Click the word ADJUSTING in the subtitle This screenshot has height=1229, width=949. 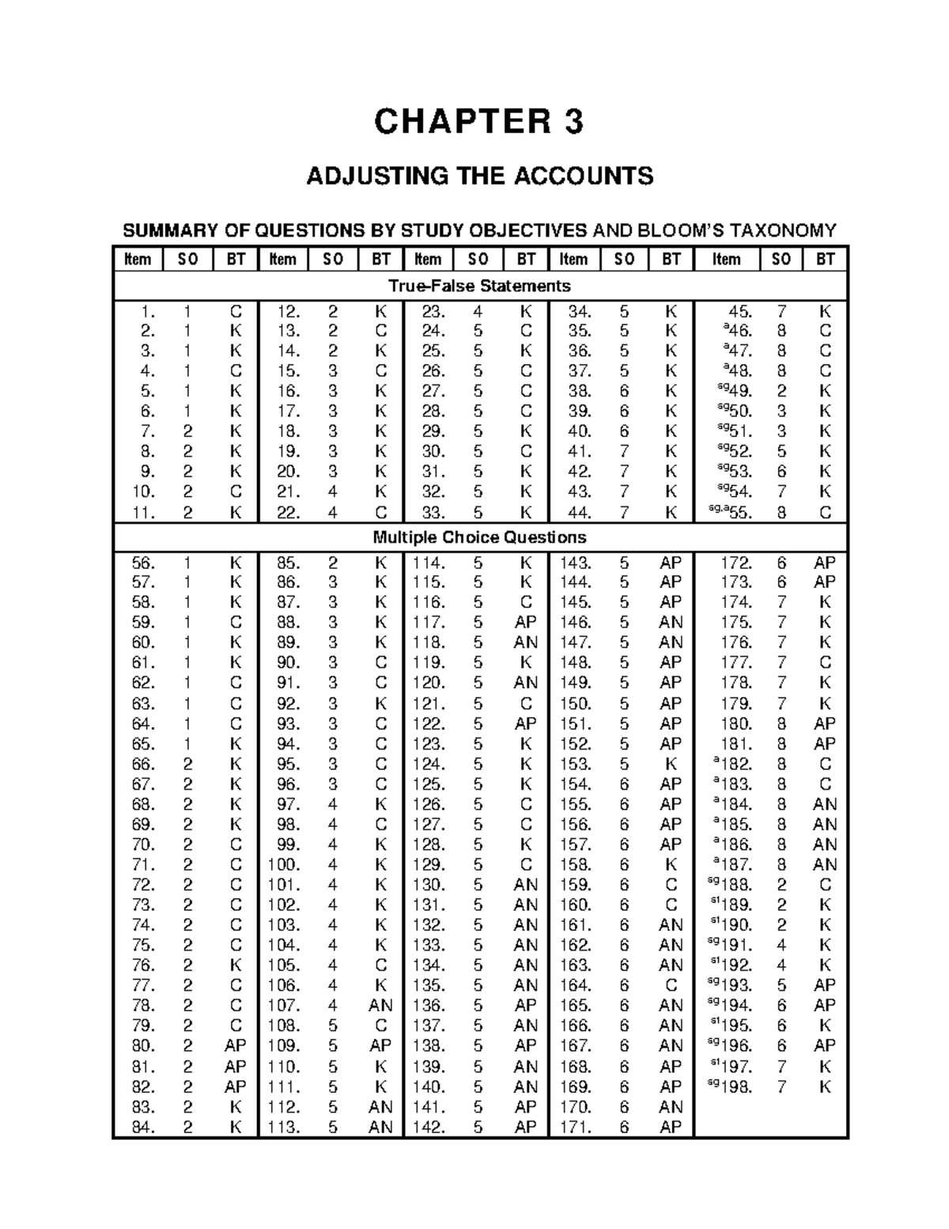[x=361, y=175]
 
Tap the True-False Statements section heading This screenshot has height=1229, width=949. [x=479, y=285]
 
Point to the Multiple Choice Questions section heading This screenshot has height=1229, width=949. [x=479, y=537]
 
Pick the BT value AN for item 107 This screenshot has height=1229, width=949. [x=380, y=1005]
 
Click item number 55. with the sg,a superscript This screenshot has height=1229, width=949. [x=734, y=512]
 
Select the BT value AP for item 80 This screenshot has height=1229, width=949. [x=235, y=1045]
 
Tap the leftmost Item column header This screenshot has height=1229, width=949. [x=138, y=259]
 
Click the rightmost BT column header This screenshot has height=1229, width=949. [x=825, y=259]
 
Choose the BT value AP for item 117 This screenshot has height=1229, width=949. [x=525, y=622]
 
